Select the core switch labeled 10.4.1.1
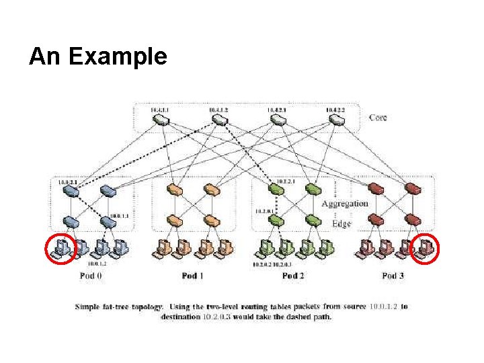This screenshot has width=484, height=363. click(x=161, y=120)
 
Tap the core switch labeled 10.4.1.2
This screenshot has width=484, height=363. click(x=218, y=120)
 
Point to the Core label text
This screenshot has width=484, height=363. click(x=378, y=118)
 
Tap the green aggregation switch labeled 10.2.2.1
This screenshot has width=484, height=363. click(x=278, y=190)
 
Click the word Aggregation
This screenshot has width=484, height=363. click(x=344, y=203)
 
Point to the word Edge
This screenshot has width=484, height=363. click(x=341, y=223)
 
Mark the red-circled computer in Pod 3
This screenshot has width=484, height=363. click(x=424, y=249)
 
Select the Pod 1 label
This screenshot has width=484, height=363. click(x=193, y=276)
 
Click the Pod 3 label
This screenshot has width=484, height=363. click(x=394, y=276)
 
